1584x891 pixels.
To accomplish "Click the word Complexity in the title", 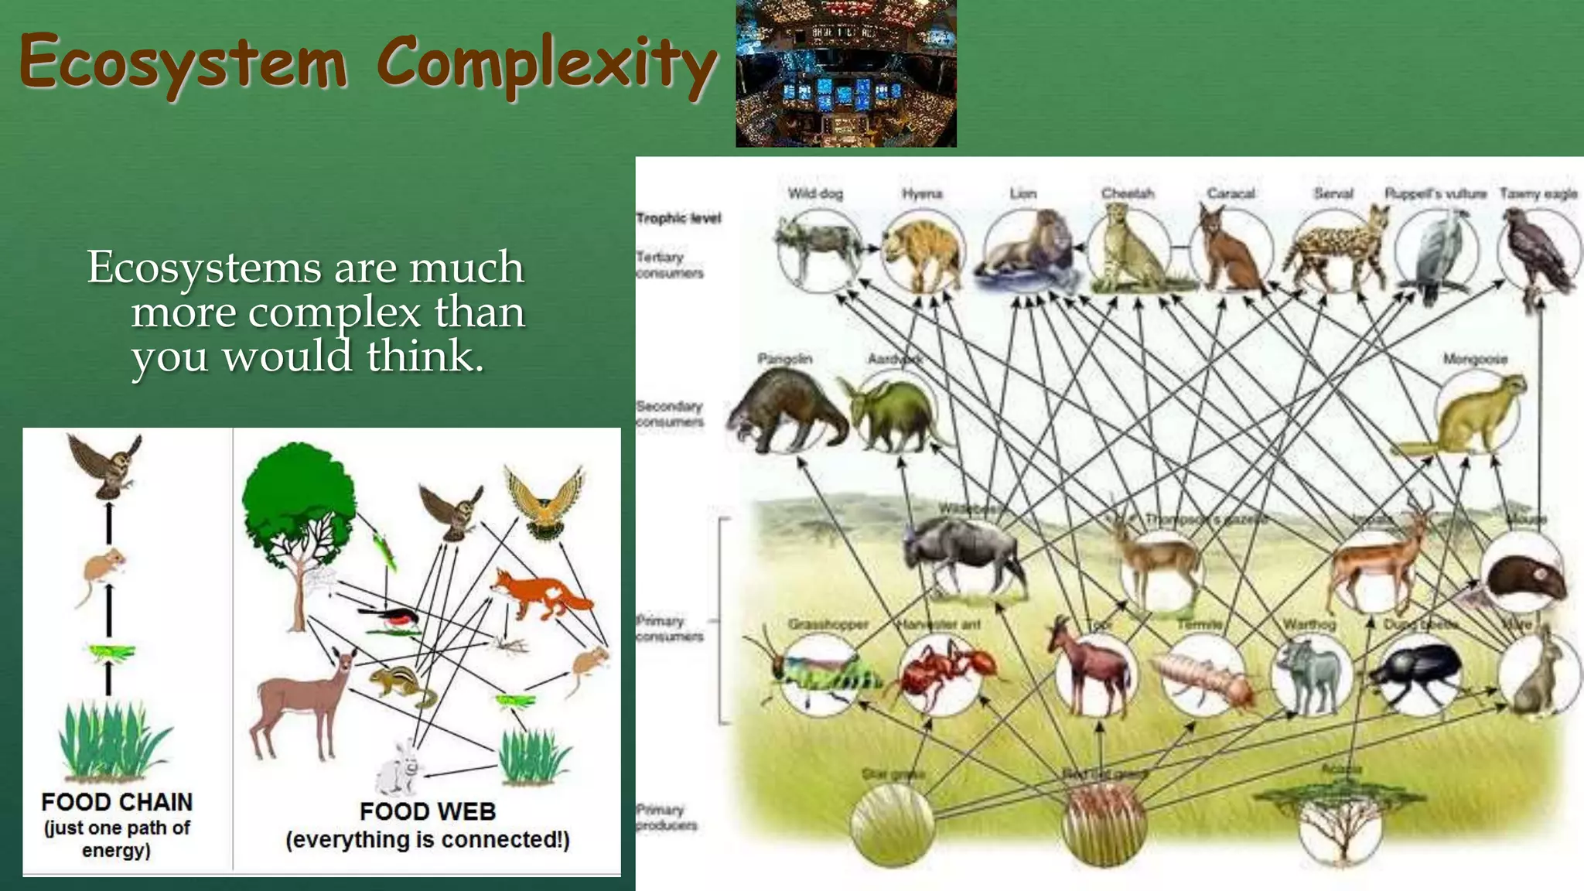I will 546,63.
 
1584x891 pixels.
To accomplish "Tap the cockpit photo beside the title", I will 845,73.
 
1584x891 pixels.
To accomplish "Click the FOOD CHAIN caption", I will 117,802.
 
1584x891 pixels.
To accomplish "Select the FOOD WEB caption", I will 428,811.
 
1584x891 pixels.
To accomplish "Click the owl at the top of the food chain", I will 106,466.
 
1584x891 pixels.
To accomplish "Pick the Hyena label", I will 922,193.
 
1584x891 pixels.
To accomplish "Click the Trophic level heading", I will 678,219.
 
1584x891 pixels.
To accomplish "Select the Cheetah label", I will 1128,193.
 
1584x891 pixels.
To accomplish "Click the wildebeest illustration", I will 963,553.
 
